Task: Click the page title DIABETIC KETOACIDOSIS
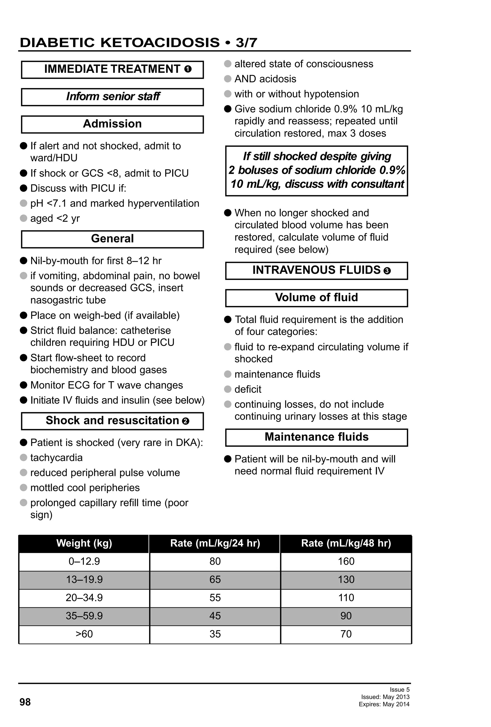click(120, 43)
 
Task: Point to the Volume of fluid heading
click(316, 297)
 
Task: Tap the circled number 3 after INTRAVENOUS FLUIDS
click(387, 271)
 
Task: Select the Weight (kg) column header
click(84, 543)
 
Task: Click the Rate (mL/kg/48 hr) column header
click(346, 543)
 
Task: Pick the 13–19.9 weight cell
click(84, 580)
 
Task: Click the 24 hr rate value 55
click(215, 598)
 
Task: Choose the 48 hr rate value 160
click(346, 561)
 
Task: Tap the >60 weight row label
click(84, 634)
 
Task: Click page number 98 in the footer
click(25, 702)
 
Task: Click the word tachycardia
click(56, 458)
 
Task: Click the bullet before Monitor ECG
click(23, 385)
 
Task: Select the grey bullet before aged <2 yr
click(23, 218)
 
